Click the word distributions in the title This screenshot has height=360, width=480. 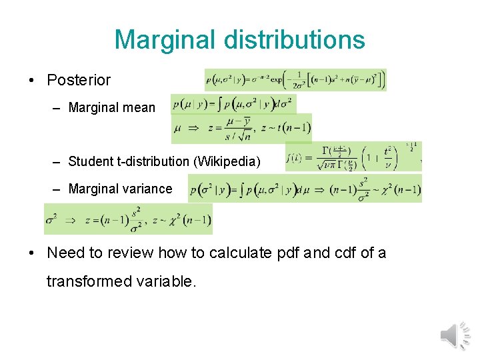(x=295, y=39)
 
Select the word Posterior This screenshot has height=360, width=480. (x=79, y=80)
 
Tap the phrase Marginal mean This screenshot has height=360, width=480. (x=111, y=107)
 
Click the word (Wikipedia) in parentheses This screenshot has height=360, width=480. (x=231, y=161)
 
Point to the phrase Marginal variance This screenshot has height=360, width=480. (x=120, y=189)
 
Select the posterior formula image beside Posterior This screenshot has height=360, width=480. (x=295, y=80)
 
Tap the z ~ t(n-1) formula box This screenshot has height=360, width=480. (x=241, y=129)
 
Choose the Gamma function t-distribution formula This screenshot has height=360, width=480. (x=353, y=157)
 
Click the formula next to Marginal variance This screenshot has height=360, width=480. (x=305, y=188)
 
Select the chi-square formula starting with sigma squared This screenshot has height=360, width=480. (x=128, y=219)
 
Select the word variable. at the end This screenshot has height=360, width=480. (x=165, y=281)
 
